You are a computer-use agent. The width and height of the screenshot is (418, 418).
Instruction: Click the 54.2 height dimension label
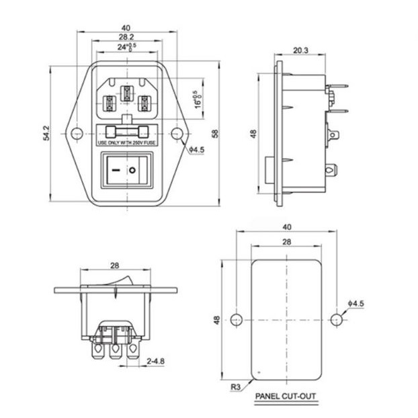(x=46, y=133)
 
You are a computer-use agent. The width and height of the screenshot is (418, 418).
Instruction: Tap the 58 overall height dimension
(x=215, y=133)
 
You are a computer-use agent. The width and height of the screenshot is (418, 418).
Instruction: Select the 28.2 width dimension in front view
(x=126, y=37)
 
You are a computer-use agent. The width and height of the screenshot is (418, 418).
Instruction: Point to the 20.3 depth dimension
(x=300, y=50)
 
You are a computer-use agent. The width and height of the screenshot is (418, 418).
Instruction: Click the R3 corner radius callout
(x=235, y=387)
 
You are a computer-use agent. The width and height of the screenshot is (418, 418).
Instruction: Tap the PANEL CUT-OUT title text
(x=286, y=396)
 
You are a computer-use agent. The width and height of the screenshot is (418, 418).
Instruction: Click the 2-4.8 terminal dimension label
(x=156, y=362)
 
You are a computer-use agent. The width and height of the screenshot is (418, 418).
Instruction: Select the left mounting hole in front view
(x=77, y=133)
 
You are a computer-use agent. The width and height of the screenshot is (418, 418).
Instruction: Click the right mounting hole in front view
(x=177, y=133)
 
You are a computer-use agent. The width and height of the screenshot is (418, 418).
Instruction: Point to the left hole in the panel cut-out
(x=236, y=319)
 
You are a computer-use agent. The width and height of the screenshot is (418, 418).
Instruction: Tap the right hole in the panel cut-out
(x=337, y=319)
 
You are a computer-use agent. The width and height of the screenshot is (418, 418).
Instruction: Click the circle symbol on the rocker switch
(x=132, y=170)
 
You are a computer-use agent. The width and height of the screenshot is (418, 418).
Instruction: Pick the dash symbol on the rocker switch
(x=116, y=170)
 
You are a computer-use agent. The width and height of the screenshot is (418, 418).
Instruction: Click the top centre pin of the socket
(x=127, y=93)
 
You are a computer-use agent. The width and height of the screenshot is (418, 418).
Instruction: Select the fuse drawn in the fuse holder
(x=127, y=132)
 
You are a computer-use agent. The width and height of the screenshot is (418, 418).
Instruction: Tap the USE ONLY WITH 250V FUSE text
(x=126, y=143)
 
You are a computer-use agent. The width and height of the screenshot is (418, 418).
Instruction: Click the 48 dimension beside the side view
(x=253, y=134)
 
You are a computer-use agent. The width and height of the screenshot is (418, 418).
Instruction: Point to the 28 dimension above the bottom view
(x=115, y=265)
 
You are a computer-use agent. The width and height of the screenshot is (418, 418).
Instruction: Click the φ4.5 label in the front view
(x=196, y=150)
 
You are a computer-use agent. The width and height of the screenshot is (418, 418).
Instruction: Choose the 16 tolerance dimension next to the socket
(x=198, y=100)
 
